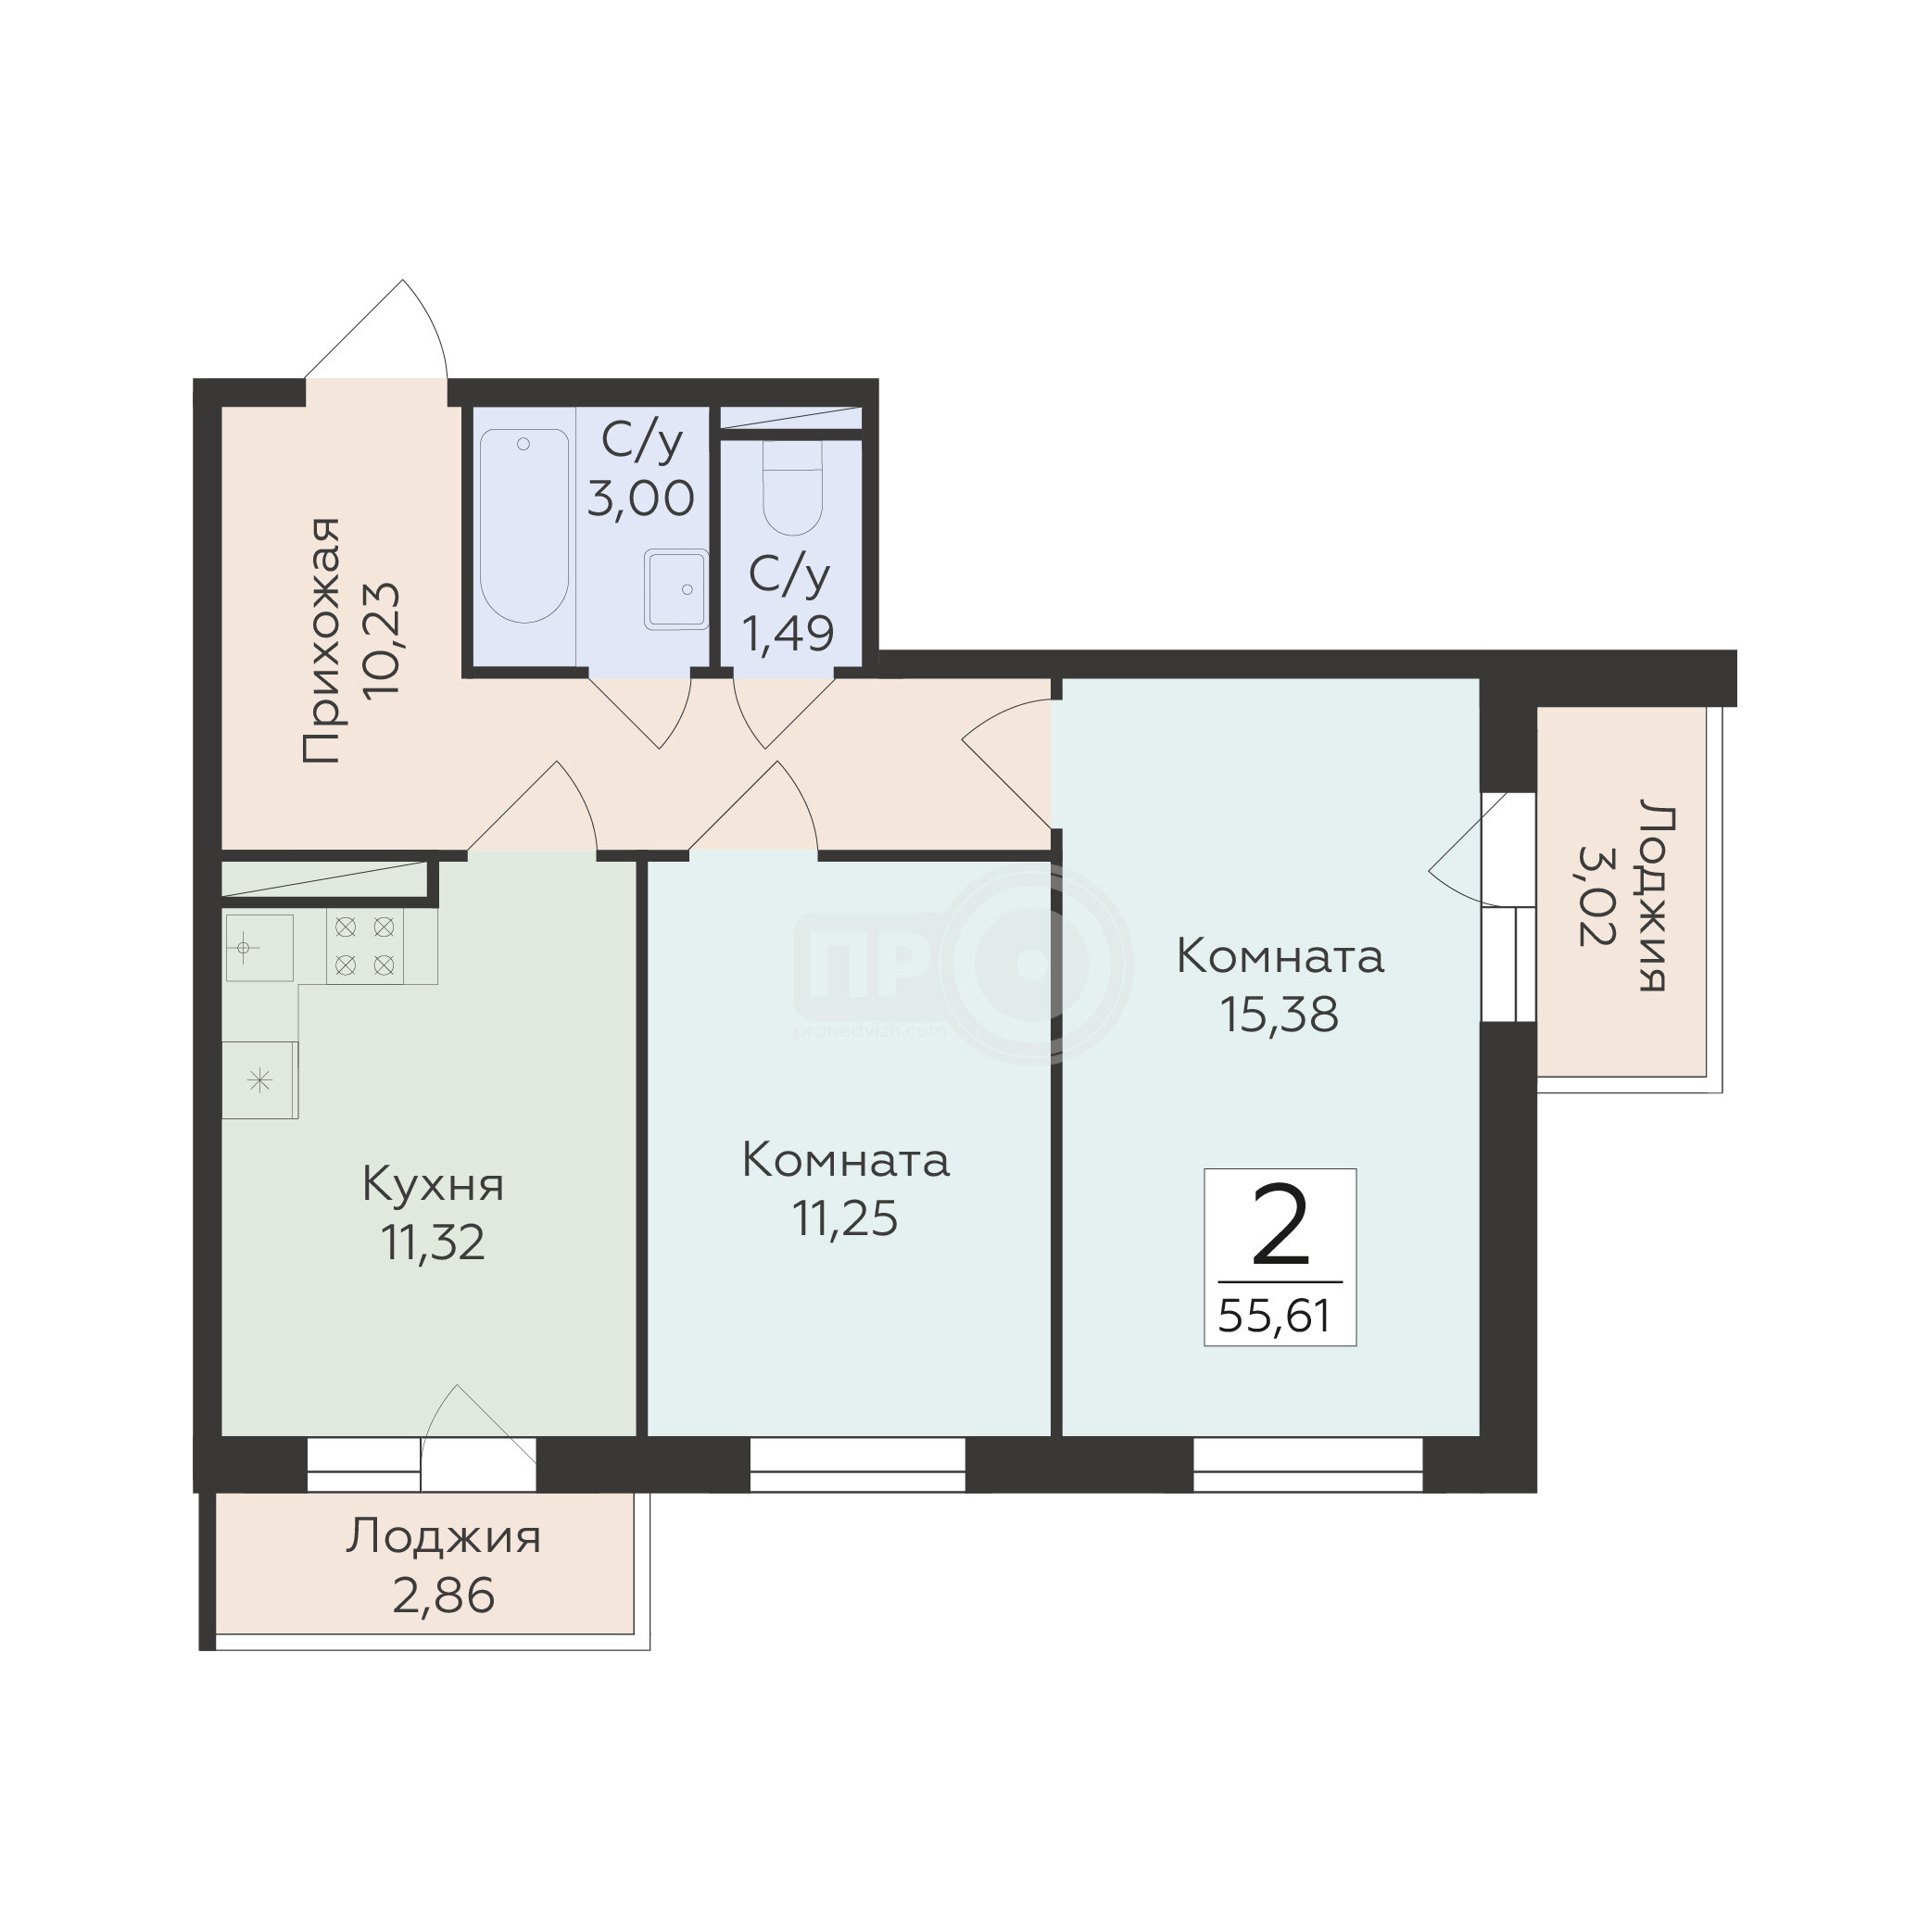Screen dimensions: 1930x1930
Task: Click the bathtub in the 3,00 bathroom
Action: [x=524, y=525]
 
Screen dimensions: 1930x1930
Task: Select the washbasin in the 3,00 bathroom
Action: [x=676, y=589]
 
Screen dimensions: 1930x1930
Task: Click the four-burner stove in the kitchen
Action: [x=365, y=947]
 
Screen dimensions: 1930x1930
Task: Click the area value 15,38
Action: [x=1279, y=1015]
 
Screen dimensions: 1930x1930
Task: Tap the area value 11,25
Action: [x=845, y=1218]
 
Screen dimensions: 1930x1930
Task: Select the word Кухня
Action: [x=433, y=1185]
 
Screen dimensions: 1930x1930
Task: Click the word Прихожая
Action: [x=322, y=640]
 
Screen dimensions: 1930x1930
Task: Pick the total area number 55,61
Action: [x=1275, y=1316]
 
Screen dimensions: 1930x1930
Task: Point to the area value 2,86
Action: [x=444, y=1596]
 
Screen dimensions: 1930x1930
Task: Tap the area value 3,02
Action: [x=1596, y=895]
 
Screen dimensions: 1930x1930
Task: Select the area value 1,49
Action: [x=788, y=634]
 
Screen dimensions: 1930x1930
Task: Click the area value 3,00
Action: [x=640, y=498]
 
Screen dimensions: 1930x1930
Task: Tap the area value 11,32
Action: [x=433, y=1243]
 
